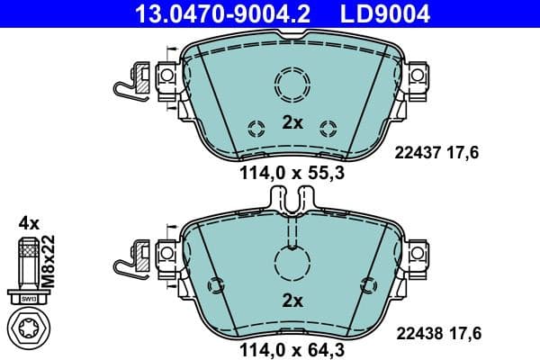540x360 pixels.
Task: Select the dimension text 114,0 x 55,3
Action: [290, 175]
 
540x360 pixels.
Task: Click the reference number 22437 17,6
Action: [438, 153]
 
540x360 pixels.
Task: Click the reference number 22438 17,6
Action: [438, 333]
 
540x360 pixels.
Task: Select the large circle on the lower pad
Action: [291, 265]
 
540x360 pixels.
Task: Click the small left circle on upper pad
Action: [255, 126]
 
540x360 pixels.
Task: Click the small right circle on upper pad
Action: [328, 126]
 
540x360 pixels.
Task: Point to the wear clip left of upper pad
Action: [135, 79]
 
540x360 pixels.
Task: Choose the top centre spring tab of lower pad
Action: [290, 200]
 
